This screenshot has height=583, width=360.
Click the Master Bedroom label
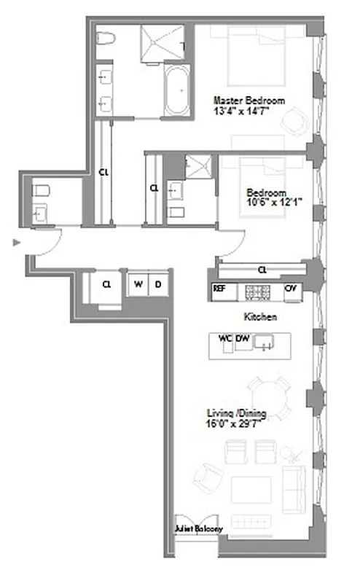[248, 101]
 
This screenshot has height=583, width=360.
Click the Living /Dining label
[235, 414]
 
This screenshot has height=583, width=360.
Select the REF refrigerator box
[219, 289]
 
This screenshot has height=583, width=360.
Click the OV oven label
[291, 289]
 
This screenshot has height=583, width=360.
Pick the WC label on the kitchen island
[224, 339]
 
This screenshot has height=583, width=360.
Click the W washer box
[137, 283]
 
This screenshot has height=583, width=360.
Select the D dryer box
[157, 283]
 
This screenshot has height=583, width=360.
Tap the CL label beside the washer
[107, 283]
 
